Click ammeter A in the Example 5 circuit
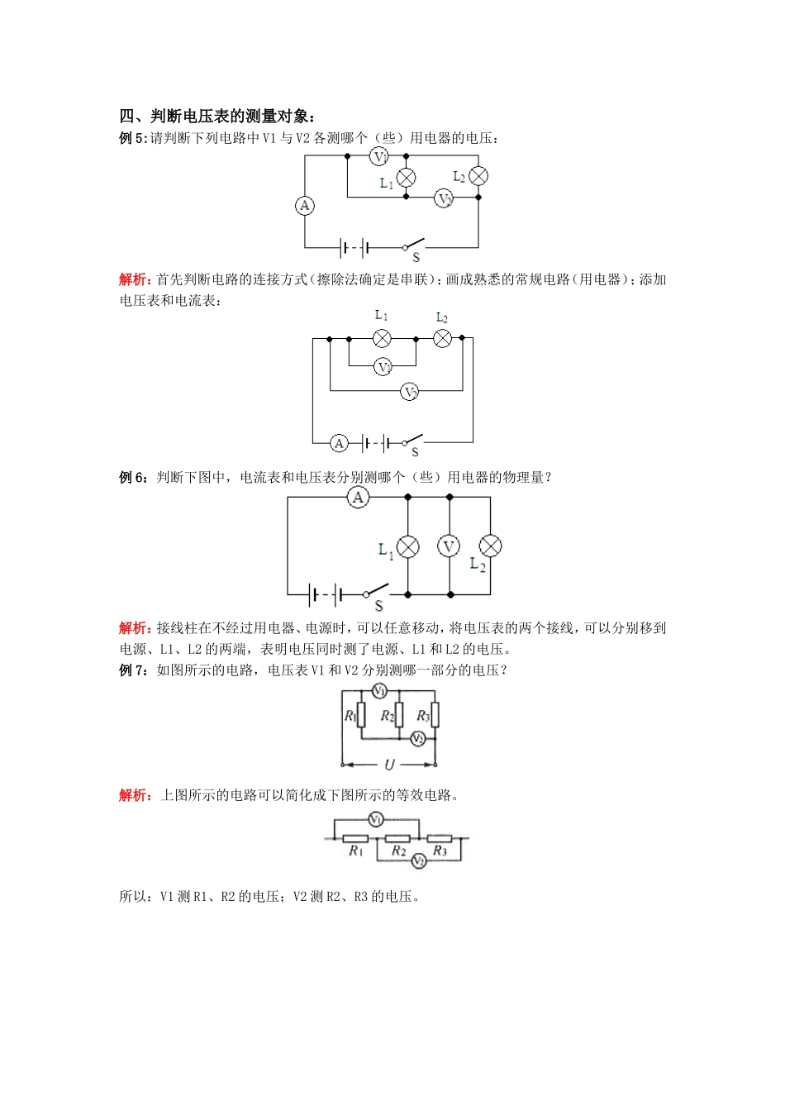305,205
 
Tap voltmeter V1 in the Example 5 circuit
378,156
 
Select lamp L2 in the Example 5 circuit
478,176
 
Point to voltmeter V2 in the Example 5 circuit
445,198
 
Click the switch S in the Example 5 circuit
413,245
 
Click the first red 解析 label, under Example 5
134,279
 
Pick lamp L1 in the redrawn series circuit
382,338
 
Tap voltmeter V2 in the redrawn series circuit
410,392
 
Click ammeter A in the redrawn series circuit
339,444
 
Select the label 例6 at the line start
132,478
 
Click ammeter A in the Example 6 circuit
358,497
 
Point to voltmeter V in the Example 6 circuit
449,546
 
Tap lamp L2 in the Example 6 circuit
491,546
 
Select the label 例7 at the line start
132,670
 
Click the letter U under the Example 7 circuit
389,765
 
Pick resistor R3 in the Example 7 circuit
435,715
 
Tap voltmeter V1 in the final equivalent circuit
376,819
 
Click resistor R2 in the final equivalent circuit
397,839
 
